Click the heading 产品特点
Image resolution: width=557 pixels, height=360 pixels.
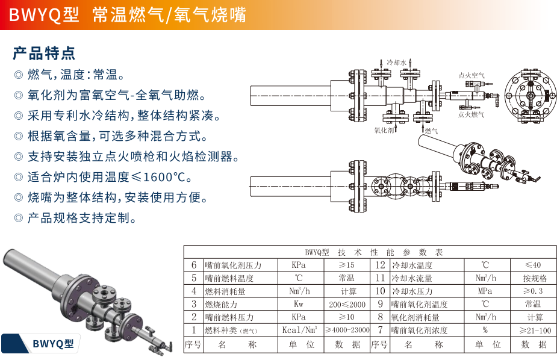pos(44,53)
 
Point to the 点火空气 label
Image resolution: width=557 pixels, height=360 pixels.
pos(471,75)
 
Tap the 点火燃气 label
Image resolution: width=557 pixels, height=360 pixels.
pos(471,114)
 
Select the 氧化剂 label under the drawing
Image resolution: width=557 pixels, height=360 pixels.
pos(384,130)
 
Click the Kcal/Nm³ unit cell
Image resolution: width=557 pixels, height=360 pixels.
pos(299,330)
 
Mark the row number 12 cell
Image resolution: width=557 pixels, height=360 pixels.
pos(381,265)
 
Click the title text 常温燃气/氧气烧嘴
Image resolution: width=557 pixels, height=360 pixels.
pos(169,15)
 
